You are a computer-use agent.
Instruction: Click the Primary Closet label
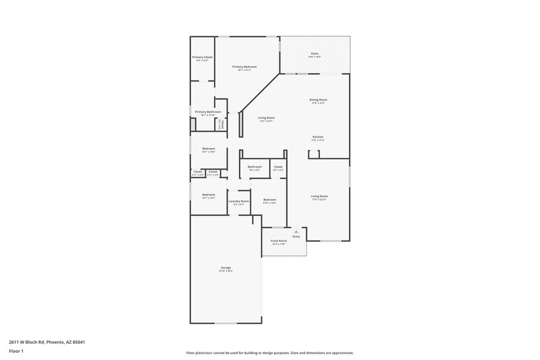[203, 57]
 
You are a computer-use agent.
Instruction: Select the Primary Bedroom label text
[244, 67]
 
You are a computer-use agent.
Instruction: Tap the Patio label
[315, 53]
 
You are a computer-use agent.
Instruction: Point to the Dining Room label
[319, 100]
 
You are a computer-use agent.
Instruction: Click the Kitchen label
[318, 137]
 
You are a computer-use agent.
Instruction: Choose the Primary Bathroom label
[208, 111]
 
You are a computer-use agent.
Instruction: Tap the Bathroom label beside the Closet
[254, 167]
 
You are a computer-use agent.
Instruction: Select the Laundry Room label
[239, 201]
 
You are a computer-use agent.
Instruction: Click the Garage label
[225, 268]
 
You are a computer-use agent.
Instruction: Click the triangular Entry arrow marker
[295, 232]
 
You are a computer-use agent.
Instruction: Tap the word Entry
[296, 237]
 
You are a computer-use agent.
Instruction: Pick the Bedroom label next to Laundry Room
[270, 200]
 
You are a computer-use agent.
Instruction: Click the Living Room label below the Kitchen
[319, 197]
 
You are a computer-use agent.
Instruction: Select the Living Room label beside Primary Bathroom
[266, 118]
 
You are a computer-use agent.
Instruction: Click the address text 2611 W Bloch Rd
[47, 342]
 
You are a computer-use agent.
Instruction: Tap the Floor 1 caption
[16, 351]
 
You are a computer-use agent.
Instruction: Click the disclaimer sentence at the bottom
[269, 353]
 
